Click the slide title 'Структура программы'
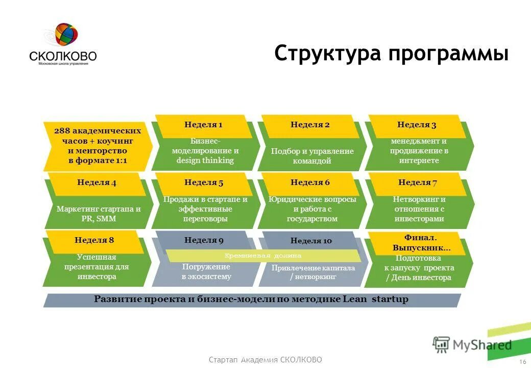point(391,54)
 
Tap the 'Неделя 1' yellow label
point(203,125)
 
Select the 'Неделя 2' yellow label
point(310,125)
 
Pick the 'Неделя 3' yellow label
point(417,125)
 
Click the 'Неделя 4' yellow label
point(96,183)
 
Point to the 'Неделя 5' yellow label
point(204,183)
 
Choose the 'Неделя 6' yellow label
point(310,183)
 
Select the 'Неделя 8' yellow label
point(94,240)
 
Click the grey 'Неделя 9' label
point(204,240)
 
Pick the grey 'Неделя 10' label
point(311,241)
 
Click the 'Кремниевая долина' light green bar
point(263,256)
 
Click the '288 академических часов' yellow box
point(97,146)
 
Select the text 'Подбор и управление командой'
point(312,156)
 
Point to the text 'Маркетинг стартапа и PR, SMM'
point(99,214)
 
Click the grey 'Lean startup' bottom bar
point(251,300)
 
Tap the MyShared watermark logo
point(472,344)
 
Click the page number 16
point(522,362)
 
